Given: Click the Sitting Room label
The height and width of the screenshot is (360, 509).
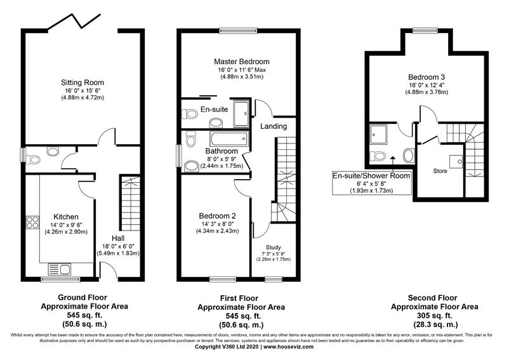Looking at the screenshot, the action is pos(83,83).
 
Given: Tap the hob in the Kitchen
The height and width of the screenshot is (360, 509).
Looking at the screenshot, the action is pos(32,222).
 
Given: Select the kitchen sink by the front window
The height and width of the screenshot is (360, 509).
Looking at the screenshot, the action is pos(60,269).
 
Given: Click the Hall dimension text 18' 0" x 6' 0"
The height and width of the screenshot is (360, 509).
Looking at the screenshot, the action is pos(118,246).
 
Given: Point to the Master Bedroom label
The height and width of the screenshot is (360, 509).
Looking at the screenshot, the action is pos(242,62).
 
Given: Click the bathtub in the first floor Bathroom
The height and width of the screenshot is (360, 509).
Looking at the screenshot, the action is pos(229,138).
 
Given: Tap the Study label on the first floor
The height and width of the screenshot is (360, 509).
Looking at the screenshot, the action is pos(274,248).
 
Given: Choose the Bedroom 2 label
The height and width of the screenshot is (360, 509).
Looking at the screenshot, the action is pos(218,216).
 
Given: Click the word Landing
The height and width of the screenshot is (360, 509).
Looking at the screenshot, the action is pos(274,126).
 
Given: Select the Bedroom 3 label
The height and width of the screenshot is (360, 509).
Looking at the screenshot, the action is pos(426,77).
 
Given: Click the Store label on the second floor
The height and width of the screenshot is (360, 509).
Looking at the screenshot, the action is pos(440,171).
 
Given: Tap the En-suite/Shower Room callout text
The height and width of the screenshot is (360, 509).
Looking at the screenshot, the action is pos(371,176).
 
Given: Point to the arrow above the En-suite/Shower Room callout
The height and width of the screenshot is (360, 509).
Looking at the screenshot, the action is pos(393,163).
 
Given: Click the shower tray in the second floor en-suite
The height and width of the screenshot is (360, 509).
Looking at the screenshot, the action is pos(378,135).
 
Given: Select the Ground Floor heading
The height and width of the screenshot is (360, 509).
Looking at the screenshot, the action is pos(83,297).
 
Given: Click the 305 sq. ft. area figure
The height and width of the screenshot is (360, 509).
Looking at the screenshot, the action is pos(435,316).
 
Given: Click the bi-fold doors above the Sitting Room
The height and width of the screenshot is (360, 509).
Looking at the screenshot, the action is pos(74,22).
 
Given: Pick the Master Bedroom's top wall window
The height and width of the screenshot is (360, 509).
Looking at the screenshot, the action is pos(238,31).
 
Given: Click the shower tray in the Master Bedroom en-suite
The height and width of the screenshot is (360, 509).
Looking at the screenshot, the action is pos(241,114).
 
